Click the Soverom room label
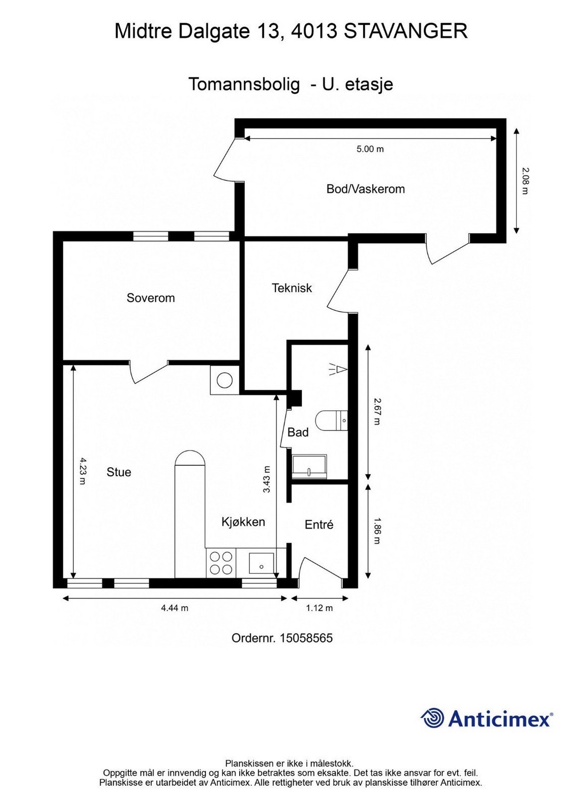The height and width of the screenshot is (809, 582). coord(151,298)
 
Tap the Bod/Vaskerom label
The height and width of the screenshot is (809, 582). coord(365,189)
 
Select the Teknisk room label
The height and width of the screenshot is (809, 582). coord(292,288)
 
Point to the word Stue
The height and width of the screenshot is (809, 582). coord(119,472)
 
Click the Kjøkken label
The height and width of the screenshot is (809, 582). coord(243,522)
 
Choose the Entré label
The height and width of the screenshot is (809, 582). coord(319,525)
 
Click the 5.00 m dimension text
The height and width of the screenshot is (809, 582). coord(370,149)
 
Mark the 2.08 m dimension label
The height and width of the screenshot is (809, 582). coord(525,181)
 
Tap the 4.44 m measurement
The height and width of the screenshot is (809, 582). coord(174,608)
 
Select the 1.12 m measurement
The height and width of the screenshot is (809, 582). coord(319,608)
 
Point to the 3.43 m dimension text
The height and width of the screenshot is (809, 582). coord(266,479)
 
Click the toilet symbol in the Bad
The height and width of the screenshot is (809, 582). coord(331,420)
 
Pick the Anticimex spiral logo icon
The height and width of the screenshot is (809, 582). coord(433,718)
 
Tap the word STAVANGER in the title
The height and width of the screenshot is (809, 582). coord(406,31)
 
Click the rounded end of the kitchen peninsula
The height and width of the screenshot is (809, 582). coord(190,457)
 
